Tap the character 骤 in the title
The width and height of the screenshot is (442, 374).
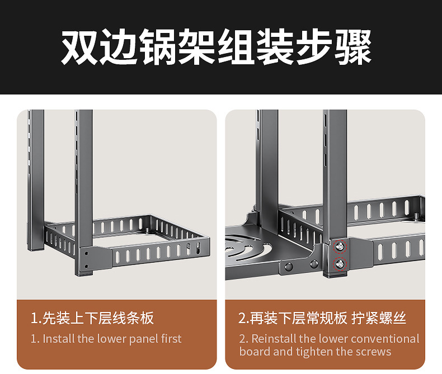coord(354,47)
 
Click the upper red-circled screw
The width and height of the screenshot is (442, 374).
coord(340,247)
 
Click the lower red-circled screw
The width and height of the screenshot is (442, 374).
coord(340,264)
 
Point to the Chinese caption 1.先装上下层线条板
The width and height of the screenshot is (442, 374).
coord(92,318)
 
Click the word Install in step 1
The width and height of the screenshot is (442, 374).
coord(59,339)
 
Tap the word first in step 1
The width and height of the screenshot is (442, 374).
coord(172,339)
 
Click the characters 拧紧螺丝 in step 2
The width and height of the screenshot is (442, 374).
coord(379,318)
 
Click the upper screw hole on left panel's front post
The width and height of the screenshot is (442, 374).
coord(86,253)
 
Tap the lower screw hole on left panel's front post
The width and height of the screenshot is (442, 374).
coord(86,266)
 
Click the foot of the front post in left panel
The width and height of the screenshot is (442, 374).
coord(84,273)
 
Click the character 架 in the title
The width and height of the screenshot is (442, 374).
coord(198,47)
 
